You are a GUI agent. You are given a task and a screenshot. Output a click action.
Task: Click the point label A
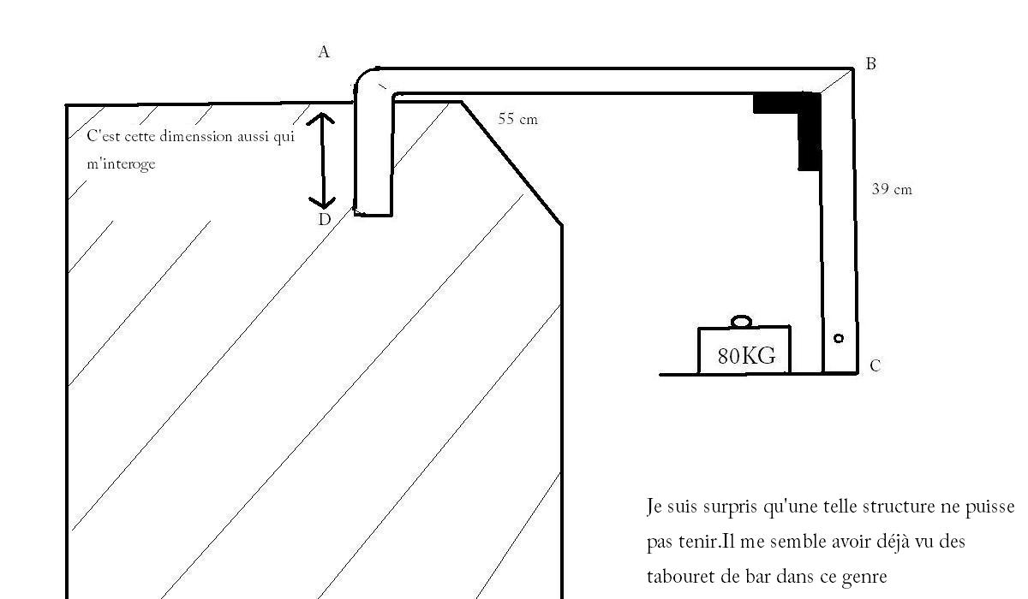click(x=324, y=52)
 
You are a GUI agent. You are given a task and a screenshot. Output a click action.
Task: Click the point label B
click(x=870, y=63)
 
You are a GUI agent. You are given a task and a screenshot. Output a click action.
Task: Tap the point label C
click(x=875, y=366)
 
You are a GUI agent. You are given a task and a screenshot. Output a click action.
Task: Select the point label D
click(x=325, y=220)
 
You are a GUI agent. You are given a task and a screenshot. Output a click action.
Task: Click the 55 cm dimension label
click(x=518, y=119)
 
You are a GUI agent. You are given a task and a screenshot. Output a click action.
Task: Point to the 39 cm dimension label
click(x=892, y=189)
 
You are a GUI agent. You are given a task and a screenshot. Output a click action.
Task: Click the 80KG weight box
click(x=744, y=351)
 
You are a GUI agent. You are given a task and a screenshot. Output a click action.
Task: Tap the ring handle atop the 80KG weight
click(x=742, y=322)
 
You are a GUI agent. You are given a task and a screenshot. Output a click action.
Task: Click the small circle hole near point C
click(x=839, y=339)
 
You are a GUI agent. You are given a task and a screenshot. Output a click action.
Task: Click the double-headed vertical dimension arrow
click(x=322, y=161)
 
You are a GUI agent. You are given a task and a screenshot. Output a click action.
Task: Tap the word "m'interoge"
click(x=121, y=163)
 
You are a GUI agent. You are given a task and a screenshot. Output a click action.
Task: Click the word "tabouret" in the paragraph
click(x=678, y=577)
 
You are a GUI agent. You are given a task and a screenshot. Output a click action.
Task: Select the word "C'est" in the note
click(x=105, y=137)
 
